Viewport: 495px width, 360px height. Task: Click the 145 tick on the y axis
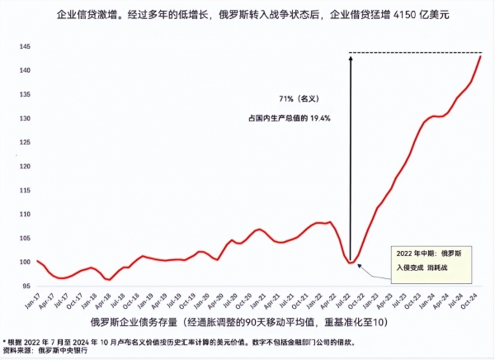24,47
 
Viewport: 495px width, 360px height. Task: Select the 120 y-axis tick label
24,167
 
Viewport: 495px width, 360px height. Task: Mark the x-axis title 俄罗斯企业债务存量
136,322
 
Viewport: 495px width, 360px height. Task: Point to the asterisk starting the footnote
4,339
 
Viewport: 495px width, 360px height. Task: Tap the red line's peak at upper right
481,55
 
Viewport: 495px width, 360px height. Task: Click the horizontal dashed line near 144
412,54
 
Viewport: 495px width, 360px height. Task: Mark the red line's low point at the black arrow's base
351,263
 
